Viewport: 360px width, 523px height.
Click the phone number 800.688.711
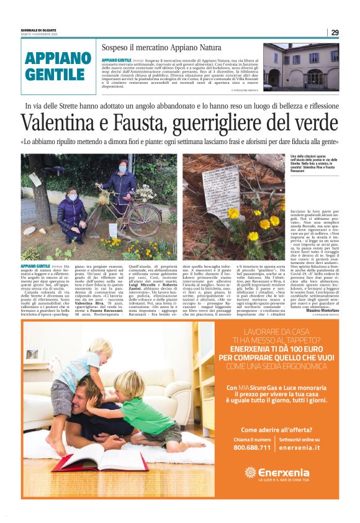[252, 447]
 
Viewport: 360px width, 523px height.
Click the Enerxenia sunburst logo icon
[250, 473]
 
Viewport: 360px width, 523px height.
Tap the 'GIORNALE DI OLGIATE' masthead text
[39, 29]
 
